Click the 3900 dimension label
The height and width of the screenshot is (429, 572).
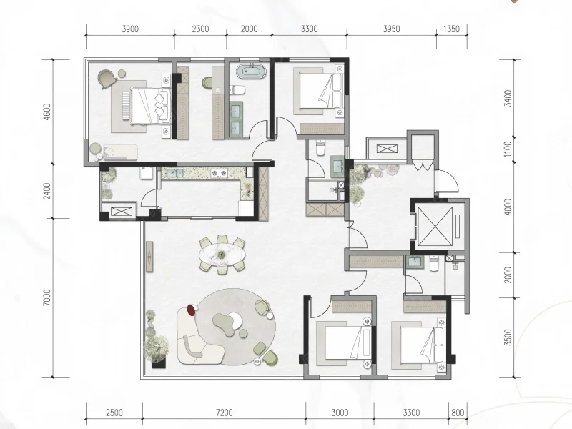130,29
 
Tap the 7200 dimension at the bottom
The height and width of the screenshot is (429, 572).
224,413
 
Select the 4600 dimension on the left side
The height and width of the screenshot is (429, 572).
47,112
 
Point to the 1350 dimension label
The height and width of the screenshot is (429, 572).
451,29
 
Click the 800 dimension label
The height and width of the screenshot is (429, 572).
458,413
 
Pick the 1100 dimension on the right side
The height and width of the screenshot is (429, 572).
508,149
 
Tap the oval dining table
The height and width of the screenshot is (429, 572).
222,255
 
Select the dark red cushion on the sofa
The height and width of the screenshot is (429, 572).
191,310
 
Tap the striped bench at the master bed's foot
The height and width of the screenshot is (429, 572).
126,105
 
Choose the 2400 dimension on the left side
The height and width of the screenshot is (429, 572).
47,191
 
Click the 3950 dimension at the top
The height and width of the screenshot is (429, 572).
391,29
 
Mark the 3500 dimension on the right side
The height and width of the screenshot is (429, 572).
508,337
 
